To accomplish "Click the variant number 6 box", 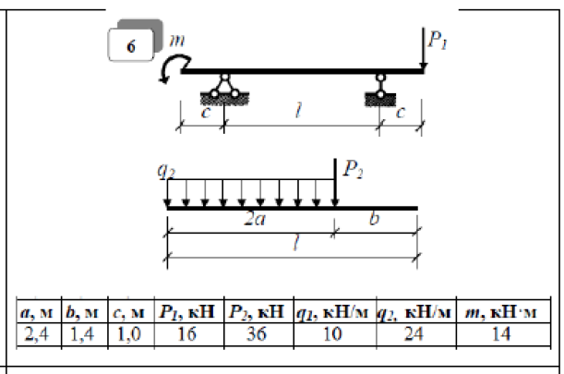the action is click(x=131, y=45).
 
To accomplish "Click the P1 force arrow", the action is click(x=424, y=48).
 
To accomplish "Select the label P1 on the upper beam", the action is click(x=438, y=40).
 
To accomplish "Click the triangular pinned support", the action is click(x=224, y=90).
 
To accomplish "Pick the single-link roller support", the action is click(x=380, y=90).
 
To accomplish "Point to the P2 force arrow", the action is click(x=335, y=183).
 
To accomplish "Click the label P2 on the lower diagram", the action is click(x=354, y=169).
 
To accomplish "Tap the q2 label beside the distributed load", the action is click(x=166, y=170).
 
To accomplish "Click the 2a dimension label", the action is click(x=255, y=219).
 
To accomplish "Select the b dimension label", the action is click(x=375, y=218).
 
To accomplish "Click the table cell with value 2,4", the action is click(x=39, y=335).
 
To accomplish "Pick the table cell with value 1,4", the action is click(x=85, y=335).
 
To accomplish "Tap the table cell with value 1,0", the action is click(x=131, y=335).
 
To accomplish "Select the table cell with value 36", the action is click(x=258, y=335).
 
